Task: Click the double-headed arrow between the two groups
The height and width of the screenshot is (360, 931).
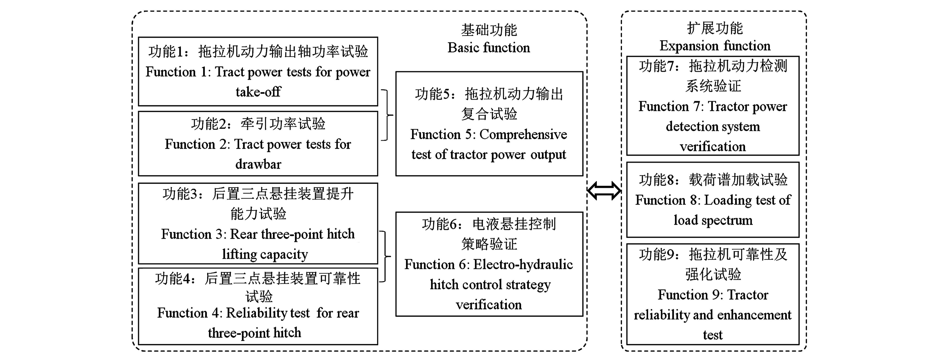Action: point(604,190)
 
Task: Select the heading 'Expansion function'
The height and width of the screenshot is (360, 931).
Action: point(715,46)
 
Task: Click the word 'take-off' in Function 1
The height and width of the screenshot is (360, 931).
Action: point(258,92)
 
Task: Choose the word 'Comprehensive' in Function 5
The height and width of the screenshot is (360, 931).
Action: point(523,135)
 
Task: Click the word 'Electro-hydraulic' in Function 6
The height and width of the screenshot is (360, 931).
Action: point(523,265)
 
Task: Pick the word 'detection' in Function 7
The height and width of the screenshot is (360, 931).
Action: point(688,126)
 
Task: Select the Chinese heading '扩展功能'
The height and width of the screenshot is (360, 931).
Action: point(715,28)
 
